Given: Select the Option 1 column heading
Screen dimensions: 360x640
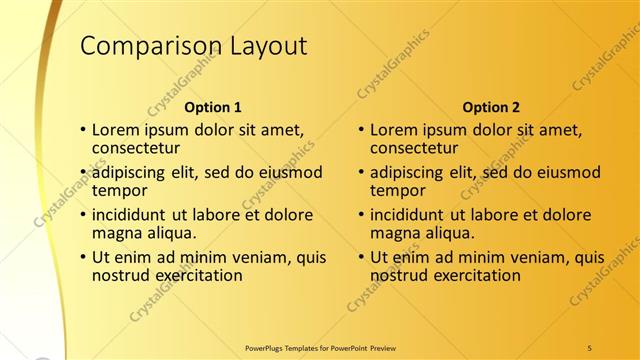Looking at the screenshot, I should coord(213,107).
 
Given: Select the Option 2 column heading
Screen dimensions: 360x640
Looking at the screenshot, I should coord(491,107).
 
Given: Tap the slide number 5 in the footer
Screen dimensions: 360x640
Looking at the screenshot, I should coord(589,347).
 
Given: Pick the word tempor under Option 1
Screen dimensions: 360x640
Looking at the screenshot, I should coord(119,190).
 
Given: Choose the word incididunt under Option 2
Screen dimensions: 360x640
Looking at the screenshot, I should coord(408,215).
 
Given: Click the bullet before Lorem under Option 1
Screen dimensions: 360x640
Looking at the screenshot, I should coord(83,130).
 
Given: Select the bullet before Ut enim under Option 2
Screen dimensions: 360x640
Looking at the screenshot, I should coord(361,257).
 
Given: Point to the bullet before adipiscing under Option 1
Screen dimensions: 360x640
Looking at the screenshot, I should coord(83,172).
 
